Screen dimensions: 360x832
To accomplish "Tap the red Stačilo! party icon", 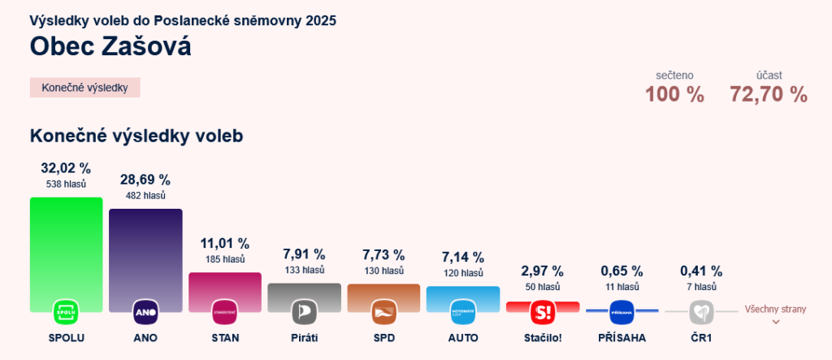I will tap(542, 312).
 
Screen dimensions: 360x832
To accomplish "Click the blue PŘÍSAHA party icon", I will tap(622, 312).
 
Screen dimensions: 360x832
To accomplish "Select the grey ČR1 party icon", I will tap(701, 312).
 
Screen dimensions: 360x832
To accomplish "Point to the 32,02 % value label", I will tap(66, 168).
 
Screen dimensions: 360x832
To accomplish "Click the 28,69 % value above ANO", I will tap(145, 180).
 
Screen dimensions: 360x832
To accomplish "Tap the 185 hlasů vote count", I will tap(225, 259).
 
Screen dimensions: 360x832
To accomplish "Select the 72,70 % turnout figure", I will tap(769, 94).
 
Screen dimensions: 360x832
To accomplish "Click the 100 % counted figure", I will tap(674, 94).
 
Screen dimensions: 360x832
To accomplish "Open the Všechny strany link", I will tap(775, 310).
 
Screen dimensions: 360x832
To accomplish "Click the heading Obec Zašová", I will tap(110, 46).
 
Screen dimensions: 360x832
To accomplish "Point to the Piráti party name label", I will tap(304, 337).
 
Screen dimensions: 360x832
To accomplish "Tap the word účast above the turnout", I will tap(769, 75).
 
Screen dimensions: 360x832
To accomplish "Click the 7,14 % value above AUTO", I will tap(463, 257).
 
